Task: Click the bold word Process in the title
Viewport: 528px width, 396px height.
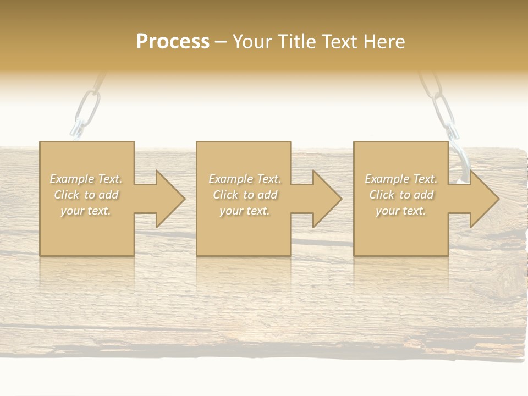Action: [x=173, y=41]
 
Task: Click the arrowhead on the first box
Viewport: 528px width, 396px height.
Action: [x=170, y=199]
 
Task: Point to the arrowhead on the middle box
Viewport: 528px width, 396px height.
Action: [x=327, y=199]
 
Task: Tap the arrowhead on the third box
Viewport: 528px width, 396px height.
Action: [x=484, y=199]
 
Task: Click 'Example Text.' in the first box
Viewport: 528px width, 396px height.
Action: [x=86, y=179]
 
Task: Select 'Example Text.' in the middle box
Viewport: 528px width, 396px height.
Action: [x=244, y=179]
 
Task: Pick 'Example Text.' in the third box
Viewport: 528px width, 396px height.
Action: [x=401, y=179]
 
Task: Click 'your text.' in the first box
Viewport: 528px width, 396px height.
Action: [x=86, y=211]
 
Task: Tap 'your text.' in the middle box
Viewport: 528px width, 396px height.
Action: [x=244, y=211]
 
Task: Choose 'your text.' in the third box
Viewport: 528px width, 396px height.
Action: [x=401, y=211]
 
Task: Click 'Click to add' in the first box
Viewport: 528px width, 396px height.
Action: [x=86, y=195]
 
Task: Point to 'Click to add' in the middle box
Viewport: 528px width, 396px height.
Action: [x=244, y=195]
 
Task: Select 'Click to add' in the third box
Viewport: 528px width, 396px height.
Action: [x=401, y=195]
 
